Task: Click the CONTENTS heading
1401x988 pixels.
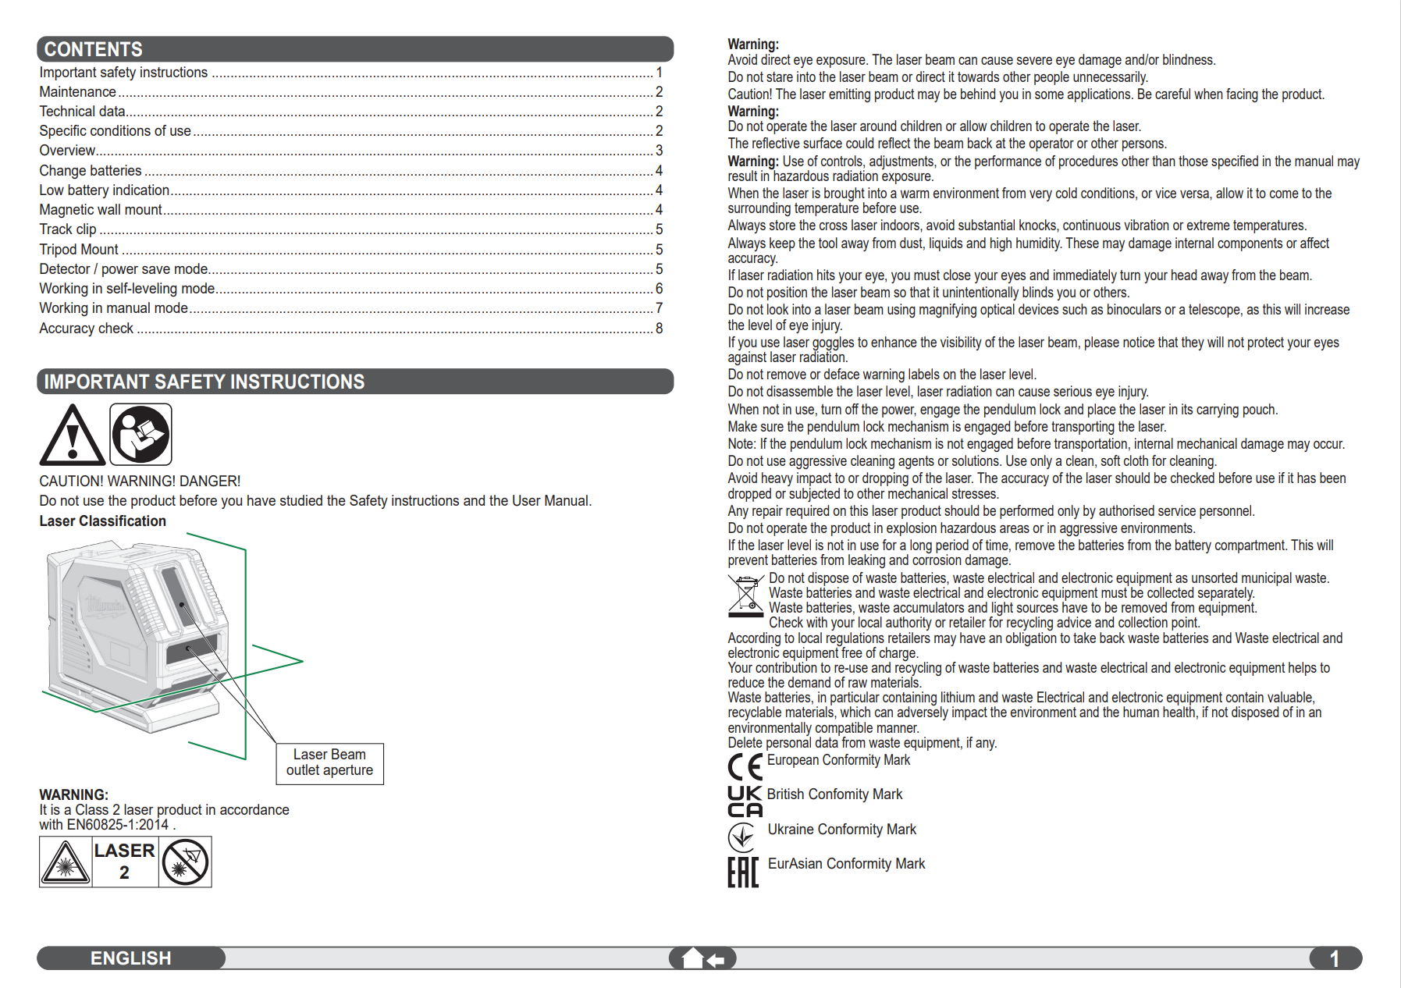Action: click(94, 49)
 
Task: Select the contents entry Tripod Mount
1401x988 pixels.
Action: click(79, 250)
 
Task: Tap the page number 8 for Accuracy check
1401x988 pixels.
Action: click(659, 329)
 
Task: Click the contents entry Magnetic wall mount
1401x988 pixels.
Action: click(101, 210)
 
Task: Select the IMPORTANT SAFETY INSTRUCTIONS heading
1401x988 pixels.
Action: click(204, 382)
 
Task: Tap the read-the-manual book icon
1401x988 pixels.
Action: click(140, 435)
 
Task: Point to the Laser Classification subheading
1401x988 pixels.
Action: click(102, 521)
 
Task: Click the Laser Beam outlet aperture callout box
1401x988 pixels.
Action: click(329, 763)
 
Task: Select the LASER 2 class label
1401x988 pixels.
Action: click(124, 862)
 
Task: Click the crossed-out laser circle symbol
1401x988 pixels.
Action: click(185, 862)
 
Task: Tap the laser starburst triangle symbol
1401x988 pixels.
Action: click(66, 862)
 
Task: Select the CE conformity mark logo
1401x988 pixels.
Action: click(745, 767)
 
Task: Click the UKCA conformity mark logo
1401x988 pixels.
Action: click(745, 801)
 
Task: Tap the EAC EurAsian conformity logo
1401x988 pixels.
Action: click(742, 872)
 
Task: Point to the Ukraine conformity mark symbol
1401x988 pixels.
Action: click(741, 837)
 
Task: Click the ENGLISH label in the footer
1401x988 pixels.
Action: click(130, 958)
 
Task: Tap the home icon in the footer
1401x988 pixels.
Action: click(693, 958)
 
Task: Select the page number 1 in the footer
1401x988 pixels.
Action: click(1334, 958)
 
